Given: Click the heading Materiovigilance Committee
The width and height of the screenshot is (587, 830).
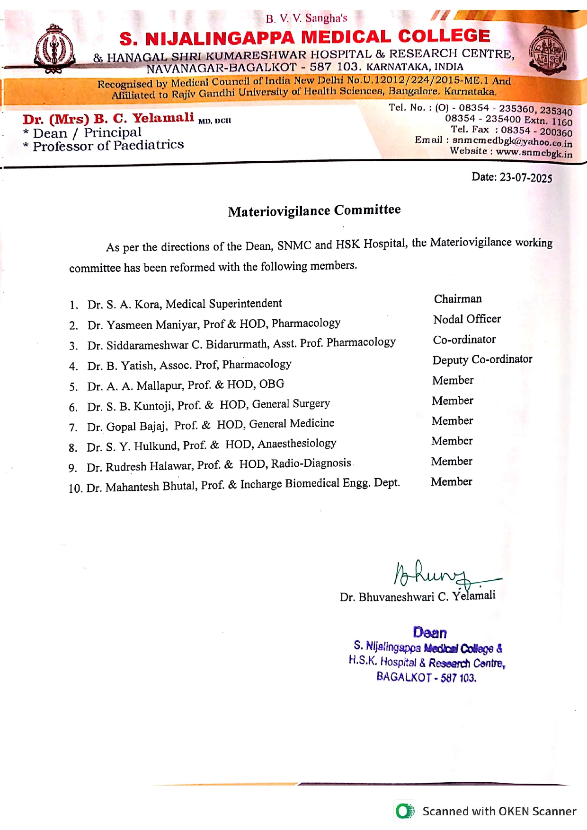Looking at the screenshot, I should point(314,210).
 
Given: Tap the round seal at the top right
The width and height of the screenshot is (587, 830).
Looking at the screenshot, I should point(548,51).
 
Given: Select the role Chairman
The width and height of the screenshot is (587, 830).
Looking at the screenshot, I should point(458,299).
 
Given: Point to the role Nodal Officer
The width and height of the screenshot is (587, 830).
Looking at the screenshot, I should point(467,319).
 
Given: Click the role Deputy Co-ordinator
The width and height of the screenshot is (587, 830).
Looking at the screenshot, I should point(482,359).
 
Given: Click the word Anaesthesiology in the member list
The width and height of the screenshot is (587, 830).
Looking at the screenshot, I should point(297,444).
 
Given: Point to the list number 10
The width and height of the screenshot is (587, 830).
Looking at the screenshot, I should point(75,488).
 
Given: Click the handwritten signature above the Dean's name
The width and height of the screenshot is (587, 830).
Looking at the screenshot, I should point(440,574).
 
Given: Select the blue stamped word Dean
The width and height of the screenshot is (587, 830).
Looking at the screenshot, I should point(429,632).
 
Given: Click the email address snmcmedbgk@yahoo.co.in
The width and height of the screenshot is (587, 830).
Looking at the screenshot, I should point(512,141).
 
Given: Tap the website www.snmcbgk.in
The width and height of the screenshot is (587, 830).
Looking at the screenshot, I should point(534,152).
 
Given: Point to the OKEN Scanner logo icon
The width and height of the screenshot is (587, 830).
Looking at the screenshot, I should point(405,811).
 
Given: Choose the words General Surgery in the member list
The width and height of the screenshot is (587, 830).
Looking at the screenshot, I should point(291,404).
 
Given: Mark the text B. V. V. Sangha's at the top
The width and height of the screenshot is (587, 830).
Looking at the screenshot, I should point(306,18).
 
